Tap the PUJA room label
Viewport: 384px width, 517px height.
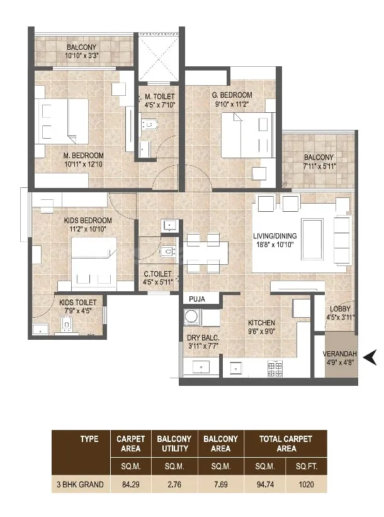pyautogui.click(x=197, y=299)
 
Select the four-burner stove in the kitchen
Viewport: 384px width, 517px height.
pyautogui.click(x=275, y=369)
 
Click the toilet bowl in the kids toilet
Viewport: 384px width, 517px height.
pyautogui.click(x=67, y=325)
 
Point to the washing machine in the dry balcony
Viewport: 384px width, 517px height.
pyautogui.click(x=191, y=317)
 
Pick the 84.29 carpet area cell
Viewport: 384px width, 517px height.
pyautogui.click(x=131, y=484)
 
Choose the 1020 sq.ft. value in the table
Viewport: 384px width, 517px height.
pyautogui.click(x=306, y=484)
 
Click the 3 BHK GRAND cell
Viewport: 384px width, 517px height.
pyautogui.click(x=80, y=484)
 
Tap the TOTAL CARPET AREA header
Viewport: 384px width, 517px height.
pyautogui.click(x=286, y=443)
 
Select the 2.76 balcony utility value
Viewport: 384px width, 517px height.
pyautogui.click(x=174, y=484)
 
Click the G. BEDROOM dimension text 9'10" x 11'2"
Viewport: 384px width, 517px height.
pyautogui.click(x=232, y=104)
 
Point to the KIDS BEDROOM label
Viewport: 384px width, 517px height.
pyautogui.click(x=88, y=220)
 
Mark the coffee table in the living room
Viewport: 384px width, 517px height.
pyautogui.click(x=312, y=239)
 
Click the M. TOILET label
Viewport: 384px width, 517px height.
pyautogui.click(x=160, y=96)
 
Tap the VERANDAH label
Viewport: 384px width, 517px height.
pyautogui.click(x=339, y=354)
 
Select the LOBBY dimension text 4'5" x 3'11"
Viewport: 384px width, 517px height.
pyautogui.click(x=340, y=318)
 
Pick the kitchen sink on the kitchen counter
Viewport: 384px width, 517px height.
pyautogui.click(x=236, y=368)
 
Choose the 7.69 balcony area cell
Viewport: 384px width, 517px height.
pyautogui.click(x=221, y=484)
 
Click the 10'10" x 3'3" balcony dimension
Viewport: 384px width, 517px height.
pyautogui.click(x=82, y=55)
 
